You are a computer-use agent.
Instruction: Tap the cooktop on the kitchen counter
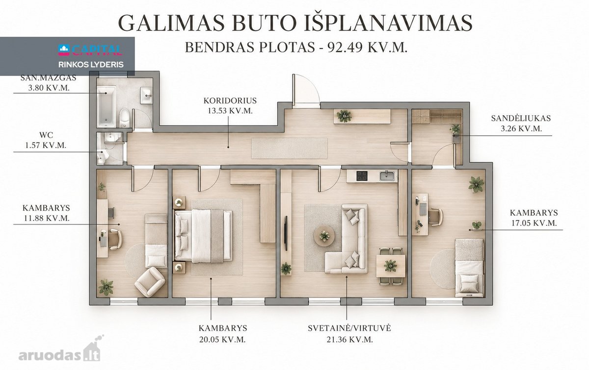[x=362, y=176]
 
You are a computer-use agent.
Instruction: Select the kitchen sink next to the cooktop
[x=387, y=176]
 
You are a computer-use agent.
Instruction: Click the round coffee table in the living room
[x=324, y=236]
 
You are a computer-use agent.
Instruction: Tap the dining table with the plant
[x=390, y=266]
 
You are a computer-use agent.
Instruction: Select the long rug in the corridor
[x=290, y=148]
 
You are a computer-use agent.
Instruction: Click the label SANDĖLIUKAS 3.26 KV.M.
[x=521, y=123]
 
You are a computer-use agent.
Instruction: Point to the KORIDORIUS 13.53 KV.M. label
[x=230, y=105]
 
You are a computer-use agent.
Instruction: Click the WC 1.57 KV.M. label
[x=46, y=140]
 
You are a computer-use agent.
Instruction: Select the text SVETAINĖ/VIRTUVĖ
[x=349, y=328]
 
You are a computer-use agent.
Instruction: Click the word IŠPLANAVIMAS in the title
[x=388, y=23]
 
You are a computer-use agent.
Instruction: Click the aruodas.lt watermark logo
[x=60, y=350]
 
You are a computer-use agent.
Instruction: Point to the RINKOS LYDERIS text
[x=91, y=65]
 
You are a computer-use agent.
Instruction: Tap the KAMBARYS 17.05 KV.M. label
[x=534, y=218]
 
